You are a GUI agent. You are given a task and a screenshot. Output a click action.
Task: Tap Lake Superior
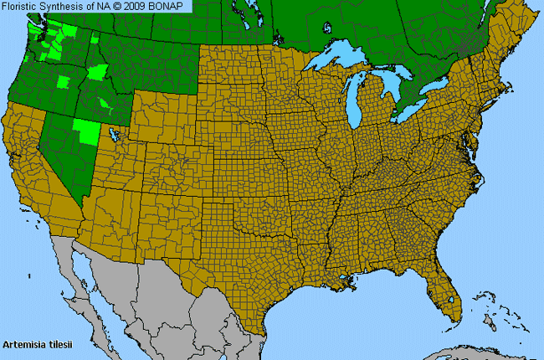point(335,61)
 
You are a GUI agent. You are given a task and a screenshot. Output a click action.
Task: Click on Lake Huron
point(394,88)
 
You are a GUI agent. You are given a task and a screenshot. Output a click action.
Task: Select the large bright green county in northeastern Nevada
point(85,131)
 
